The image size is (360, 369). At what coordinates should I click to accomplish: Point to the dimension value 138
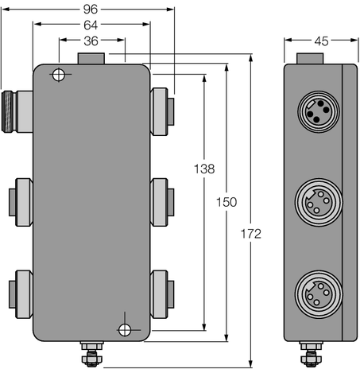click(x=203, y=169)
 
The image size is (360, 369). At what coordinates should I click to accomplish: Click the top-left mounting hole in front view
click(x=58, y=76)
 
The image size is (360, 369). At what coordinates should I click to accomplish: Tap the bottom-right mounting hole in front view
click(x=123, y=329)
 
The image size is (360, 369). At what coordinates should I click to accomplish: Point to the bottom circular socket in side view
click(x=312, y=290)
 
